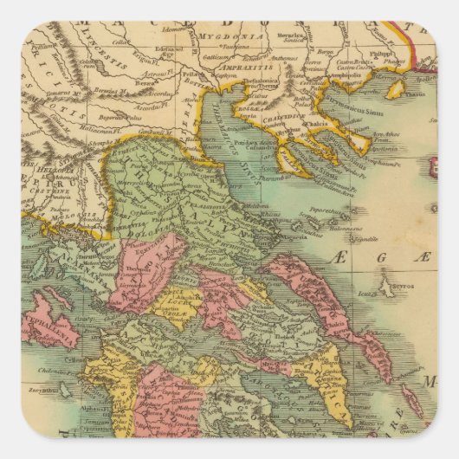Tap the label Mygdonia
pos(225,36)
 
